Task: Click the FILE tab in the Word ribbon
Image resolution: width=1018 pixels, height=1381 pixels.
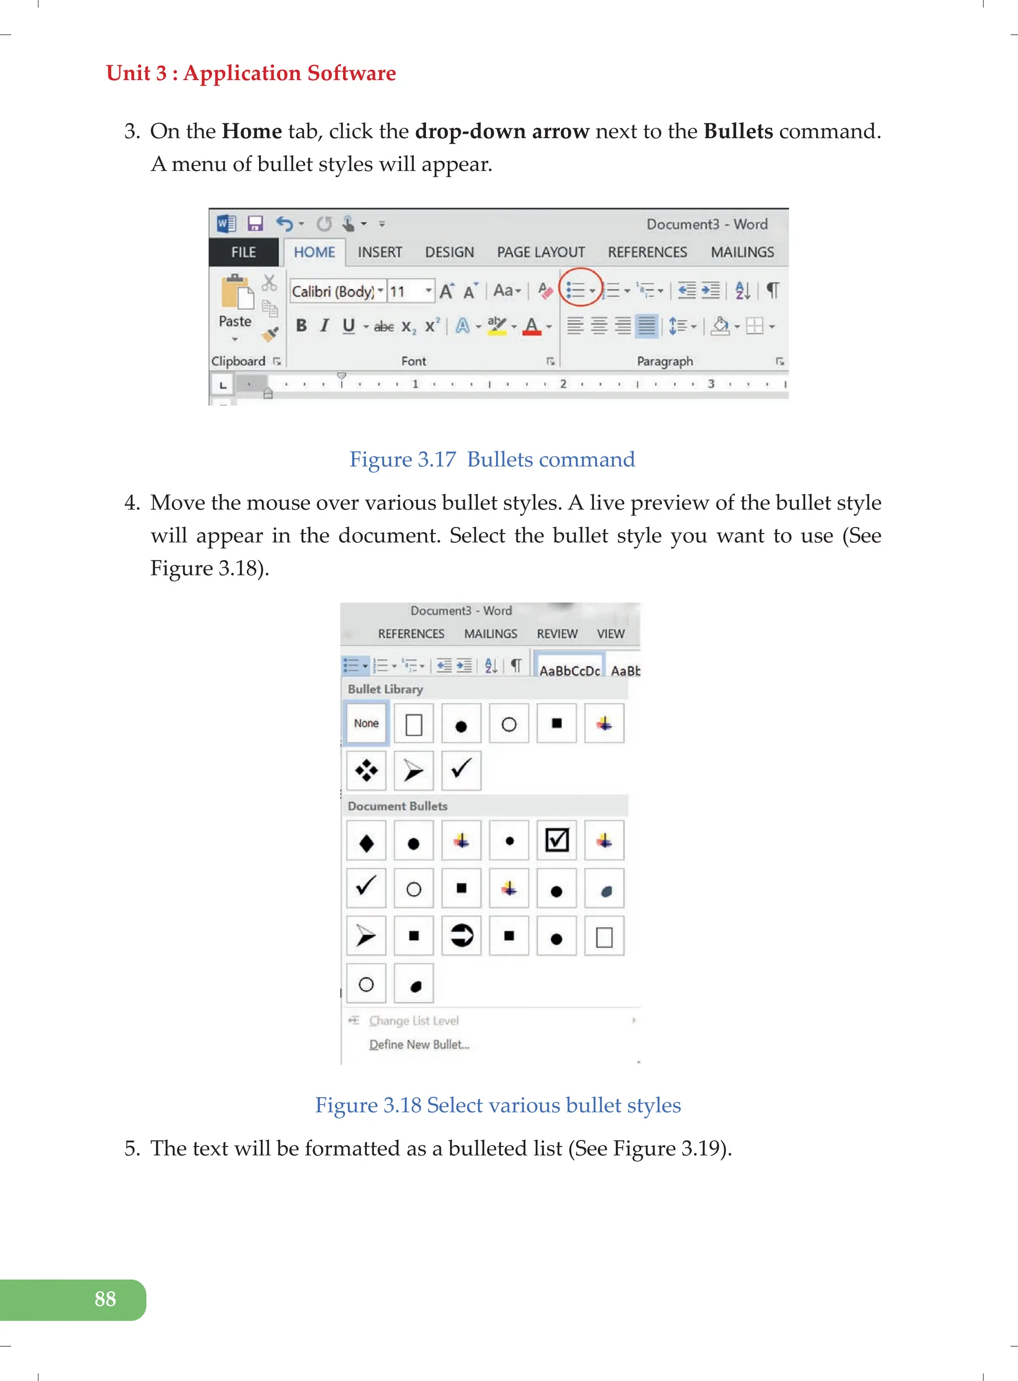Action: point(244,252)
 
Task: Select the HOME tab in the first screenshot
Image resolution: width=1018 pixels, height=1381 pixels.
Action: point(314,252)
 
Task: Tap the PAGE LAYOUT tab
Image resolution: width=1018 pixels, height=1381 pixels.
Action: point(540,252)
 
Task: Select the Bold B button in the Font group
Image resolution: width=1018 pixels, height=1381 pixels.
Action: point(301,326)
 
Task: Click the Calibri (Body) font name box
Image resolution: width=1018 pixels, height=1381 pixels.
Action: point(333,291)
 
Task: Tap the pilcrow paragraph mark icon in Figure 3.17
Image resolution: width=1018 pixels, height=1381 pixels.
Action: point(772,290)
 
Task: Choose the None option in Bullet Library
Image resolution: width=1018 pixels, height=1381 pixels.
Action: point(366,723)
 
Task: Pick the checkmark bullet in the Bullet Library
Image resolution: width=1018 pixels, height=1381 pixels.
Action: point(461,770)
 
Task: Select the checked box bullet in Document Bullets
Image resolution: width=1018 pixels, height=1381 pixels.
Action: point(556,841)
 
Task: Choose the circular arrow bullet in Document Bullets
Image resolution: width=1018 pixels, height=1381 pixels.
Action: point(461,936)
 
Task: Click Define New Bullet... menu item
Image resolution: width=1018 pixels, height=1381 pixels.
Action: point(419,1044)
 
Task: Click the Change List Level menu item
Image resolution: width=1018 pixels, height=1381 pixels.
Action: point(414,1021)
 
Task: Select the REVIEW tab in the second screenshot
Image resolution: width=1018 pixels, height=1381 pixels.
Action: point(556,633)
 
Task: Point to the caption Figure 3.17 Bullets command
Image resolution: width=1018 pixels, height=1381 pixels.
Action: point(492,460)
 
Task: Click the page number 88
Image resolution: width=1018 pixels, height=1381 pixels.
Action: point(105,1299)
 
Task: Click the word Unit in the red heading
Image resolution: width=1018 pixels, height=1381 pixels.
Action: point(128,74)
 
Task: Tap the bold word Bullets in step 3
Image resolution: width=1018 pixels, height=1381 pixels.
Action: point(738,131)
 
